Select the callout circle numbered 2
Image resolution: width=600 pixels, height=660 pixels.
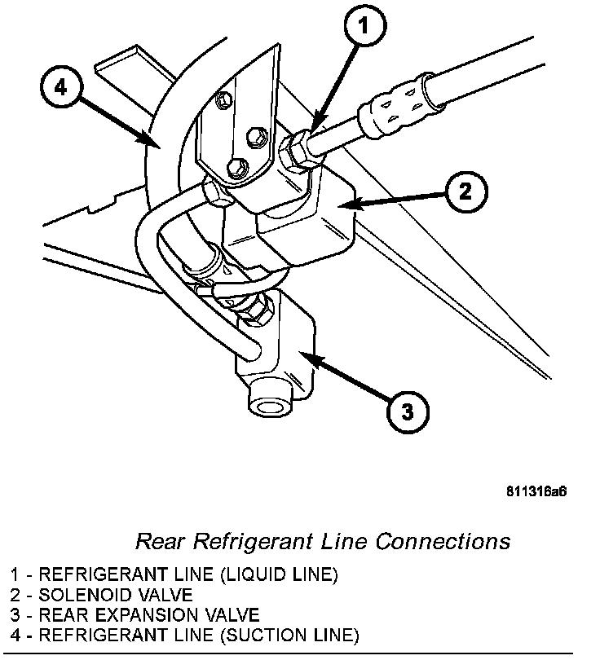tap(463, 192)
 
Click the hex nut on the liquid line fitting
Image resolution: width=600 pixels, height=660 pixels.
tap(294, 151)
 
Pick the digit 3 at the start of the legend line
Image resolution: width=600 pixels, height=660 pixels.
tap(15, 614)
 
